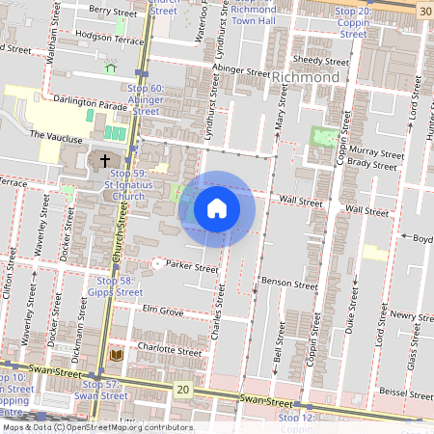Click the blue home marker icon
[x=217, y=207]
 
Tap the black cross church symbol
[x=104, y=160]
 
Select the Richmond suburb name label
[x=306, y=77]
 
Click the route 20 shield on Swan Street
[x=183, y=389]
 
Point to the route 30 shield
[x=425, y=9]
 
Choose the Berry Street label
[x=113, y=11]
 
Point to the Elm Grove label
[x=162, y=311]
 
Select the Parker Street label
[x=192, y=267]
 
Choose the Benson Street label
[x=289, y=285]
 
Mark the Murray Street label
[x=375, y=152]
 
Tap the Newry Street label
[x=410, y=315]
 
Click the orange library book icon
[x=118, y=355]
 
